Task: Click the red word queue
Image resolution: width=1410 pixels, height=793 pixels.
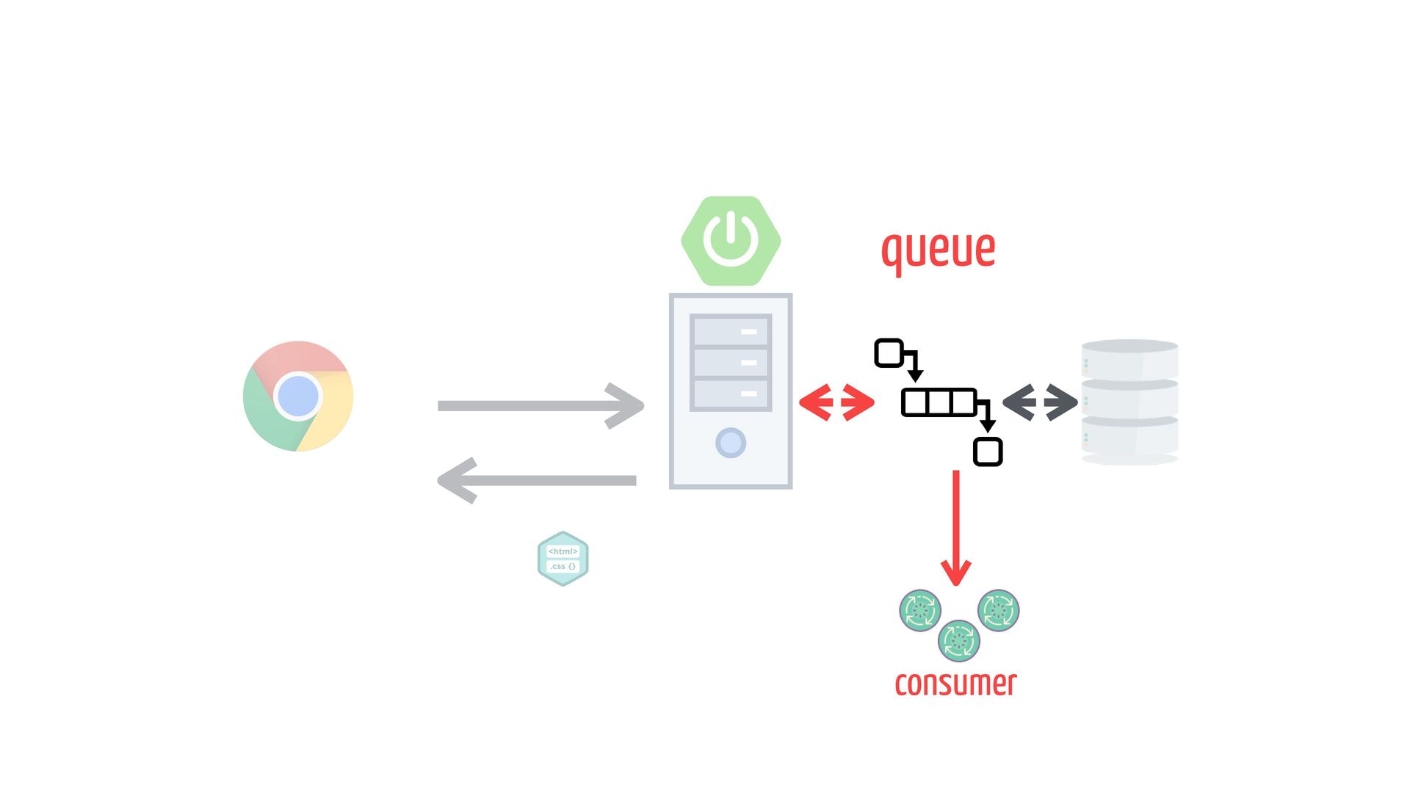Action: point(938,250)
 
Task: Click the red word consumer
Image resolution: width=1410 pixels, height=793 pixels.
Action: point(955,684)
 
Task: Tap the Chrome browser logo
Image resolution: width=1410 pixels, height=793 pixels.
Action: point(298,396)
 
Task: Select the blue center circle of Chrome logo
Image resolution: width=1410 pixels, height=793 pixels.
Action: point(298,396)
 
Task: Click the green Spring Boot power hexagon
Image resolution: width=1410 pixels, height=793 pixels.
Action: point(730,241)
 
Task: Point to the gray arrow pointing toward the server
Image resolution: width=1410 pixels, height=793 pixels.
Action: point(540,405)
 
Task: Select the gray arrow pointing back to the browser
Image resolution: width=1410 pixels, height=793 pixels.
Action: point(537,481)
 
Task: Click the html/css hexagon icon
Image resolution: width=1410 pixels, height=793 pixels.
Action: point(563,559)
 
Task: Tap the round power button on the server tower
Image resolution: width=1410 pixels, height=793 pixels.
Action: point(730,443)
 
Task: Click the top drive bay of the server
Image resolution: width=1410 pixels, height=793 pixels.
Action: point(730,331)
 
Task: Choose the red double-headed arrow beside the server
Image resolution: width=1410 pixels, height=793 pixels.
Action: point(836,402)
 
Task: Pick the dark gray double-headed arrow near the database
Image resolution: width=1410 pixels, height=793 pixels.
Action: point(1040,402)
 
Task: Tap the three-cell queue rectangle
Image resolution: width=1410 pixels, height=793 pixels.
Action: point(939,403)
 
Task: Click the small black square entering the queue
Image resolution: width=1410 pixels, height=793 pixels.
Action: point(889,353)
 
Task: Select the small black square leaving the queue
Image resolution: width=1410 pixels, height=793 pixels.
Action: point(988,452)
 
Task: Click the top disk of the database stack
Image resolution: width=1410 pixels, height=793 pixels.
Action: point(1129,359)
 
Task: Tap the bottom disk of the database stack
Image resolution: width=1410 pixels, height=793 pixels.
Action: point(1129,437)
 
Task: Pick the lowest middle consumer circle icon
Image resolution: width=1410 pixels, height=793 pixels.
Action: point(958,640)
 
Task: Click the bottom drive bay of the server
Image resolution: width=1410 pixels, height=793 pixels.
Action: point(730,394)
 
